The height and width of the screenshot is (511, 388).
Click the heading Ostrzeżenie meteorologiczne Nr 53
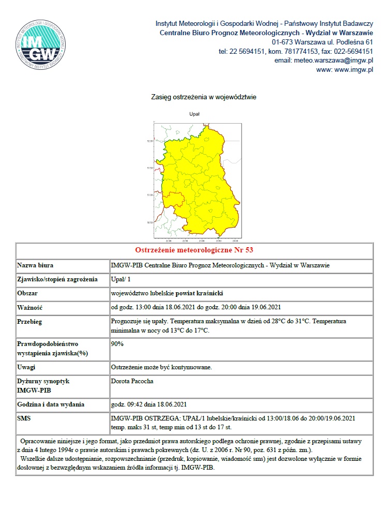194,250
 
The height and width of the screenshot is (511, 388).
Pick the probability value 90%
118,343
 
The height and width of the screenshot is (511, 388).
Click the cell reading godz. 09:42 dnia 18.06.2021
148,404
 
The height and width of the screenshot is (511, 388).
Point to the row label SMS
25,417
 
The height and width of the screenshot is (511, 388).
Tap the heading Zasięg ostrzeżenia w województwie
204,97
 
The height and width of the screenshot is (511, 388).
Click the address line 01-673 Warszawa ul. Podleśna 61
322,42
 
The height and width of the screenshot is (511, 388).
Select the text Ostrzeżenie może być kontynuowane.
161,367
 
